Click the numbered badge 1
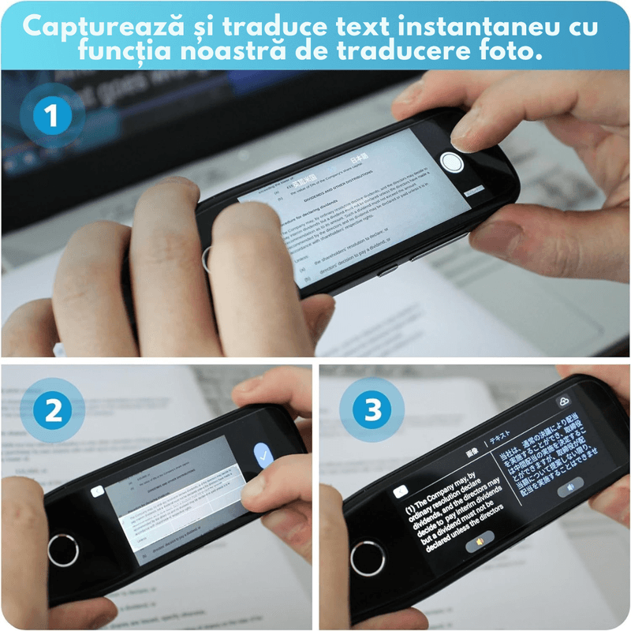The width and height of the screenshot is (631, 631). tap(52, 118)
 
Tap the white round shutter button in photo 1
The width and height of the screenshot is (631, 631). tap(451, 162)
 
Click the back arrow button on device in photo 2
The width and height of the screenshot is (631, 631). tap(97, 491)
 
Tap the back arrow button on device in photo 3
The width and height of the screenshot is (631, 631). tap(401, 491)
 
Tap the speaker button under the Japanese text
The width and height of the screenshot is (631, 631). tap(570, 488)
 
